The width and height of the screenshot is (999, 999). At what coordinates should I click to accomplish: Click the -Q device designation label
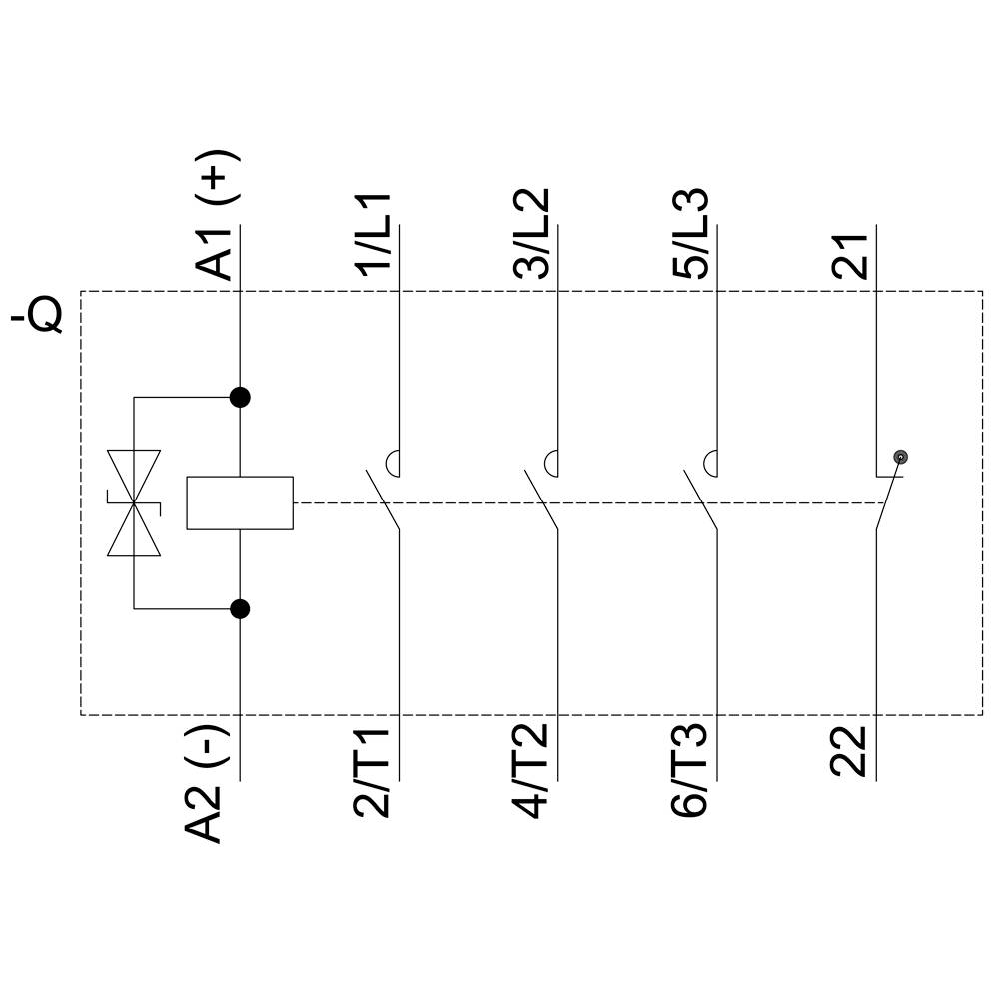click(38, 312)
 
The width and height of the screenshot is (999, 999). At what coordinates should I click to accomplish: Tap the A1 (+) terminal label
click(218, 215)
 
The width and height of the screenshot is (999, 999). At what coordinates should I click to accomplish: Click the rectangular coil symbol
click(240, 502)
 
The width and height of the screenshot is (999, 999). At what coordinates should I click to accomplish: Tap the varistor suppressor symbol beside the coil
click(134, 502)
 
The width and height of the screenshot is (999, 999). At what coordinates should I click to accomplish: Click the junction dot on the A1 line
click(240, 397)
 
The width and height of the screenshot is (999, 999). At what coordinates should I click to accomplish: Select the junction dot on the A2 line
click(240, 607)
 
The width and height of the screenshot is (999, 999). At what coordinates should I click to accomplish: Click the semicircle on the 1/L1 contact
click(393, 463)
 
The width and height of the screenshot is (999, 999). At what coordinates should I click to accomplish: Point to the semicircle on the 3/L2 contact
click(550, 463)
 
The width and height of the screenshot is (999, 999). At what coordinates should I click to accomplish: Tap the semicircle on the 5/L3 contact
click(710, 463)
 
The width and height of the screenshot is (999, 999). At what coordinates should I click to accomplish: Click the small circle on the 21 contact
click(901, 457)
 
